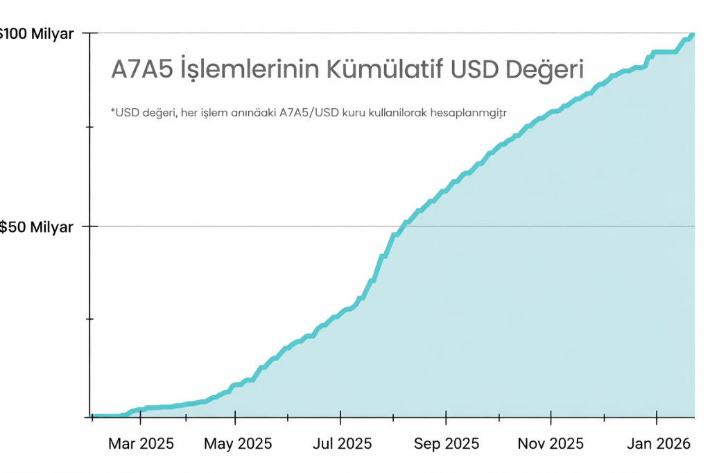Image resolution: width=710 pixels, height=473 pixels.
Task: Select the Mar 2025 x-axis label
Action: (141, 443)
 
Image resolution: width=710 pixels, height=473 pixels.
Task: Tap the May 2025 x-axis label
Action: (238, 443)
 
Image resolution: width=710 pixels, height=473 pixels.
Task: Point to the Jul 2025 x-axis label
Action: (340, 443)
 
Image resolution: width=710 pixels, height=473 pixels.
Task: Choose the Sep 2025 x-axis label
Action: (447, 443)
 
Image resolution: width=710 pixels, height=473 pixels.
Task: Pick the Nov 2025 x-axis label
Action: (551, 443)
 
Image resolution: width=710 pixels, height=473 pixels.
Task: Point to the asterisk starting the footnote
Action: (112, 109)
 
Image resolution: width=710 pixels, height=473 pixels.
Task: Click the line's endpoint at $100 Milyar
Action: (693, 34)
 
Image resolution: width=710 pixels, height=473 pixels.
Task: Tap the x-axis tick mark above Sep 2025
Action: (447, 418)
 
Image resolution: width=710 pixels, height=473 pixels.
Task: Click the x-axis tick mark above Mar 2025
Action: (141, 418)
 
